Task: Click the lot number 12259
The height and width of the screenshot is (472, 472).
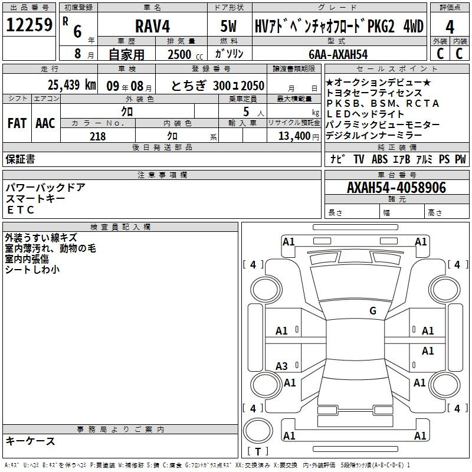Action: tap(29, 25)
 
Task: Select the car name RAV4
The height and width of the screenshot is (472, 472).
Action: tap(152, 26)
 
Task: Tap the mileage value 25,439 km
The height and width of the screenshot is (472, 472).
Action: tap(71, 85)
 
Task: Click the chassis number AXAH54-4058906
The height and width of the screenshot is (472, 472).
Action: tap(396, 188)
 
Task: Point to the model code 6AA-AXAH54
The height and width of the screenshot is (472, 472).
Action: tap(338, 54)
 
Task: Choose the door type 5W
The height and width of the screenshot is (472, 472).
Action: tap(228, 26)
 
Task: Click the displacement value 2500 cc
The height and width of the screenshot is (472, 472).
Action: tap(185, 54)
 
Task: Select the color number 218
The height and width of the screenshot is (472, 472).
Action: tap(98, 136)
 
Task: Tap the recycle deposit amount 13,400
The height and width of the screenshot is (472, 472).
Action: tap(294, 136)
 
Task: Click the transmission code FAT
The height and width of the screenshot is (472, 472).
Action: tap(17, 123)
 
